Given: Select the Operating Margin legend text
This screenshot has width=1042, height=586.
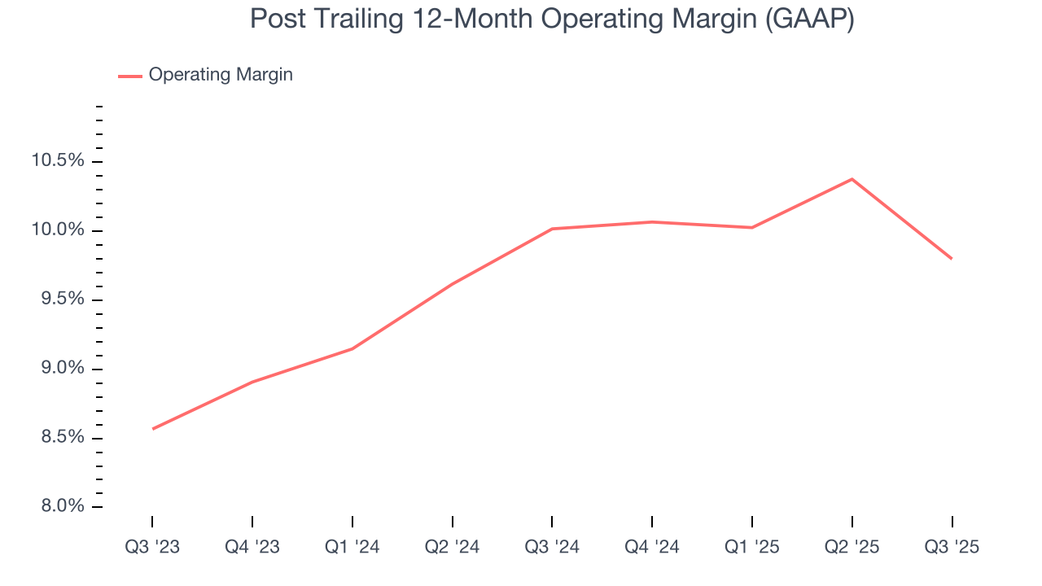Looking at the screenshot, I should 221,75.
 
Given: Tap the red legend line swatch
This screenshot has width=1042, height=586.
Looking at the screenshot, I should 130,76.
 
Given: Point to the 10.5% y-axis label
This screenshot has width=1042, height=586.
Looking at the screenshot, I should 58,161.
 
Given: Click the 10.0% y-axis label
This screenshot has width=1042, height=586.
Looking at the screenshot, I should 58,230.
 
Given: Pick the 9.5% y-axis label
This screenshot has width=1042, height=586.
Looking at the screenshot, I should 61,300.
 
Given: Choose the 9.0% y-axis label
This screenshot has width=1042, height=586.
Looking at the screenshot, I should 61,369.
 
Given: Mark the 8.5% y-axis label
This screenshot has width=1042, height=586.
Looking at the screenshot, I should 61,438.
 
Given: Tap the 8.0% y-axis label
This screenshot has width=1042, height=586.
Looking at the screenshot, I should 61,507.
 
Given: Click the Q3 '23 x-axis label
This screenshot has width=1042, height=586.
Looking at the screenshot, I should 152,548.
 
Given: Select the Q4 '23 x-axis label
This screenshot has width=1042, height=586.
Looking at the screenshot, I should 252,548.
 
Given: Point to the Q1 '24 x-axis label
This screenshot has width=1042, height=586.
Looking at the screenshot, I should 352,548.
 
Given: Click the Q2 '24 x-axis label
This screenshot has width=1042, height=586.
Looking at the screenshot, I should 452,548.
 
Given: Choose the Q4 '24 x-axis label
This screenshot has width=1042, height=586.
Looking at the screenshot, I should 652,548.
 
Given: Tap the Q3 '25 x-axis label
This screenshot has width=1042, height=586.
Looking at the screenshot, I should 952,548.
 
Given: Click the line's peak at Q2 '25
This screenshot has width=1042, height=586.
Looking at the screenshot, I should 852,179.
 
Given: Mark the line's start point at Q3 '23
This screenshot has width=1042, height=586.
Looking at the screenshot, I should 153,429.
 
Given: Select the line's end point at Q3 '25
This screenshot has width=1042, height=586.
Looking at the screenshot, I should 952,259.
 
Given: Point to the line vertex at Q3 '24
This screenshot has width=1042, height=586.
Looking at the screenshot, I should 552,229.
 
